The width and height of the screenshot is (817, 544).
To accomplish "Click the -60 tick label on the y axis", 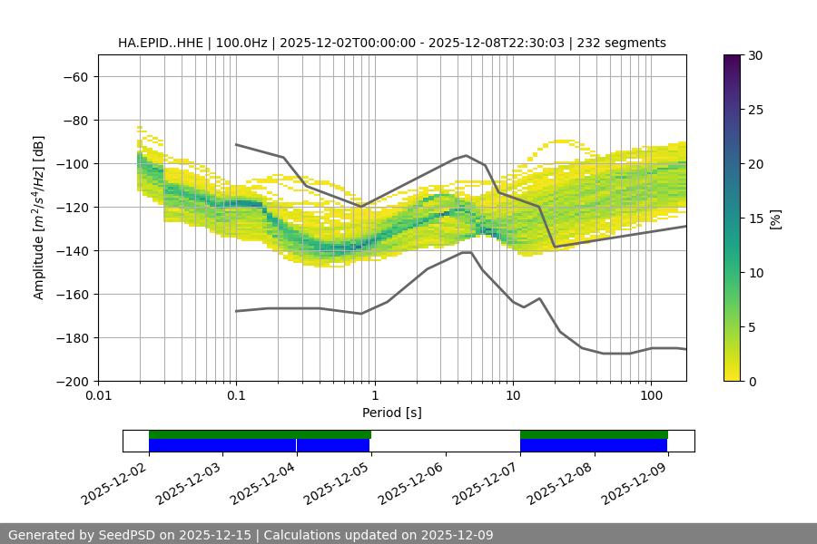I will [74, 76].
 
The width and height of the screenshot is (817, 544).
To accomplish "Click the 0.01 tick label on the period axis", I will [98, 396].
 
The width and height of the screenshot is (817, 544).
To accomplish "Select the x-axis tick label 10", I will [512, 396].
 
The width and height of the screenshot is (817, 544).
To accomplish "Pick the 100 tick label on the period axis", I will [650, 396].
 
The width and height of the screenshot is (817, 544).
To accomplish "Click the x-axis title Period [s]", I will [391, 413].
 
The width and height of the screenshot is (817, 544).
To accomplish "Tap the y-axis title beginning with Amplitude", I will [39, 218].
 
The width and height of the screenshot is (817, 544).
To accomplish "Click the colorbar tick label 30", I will [755, 55].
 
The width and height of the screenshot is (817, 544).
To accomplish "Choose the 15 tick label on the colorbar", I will [755, 218].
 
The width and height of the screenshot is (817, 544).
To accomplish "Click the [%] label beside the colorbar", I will [775, 218].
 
